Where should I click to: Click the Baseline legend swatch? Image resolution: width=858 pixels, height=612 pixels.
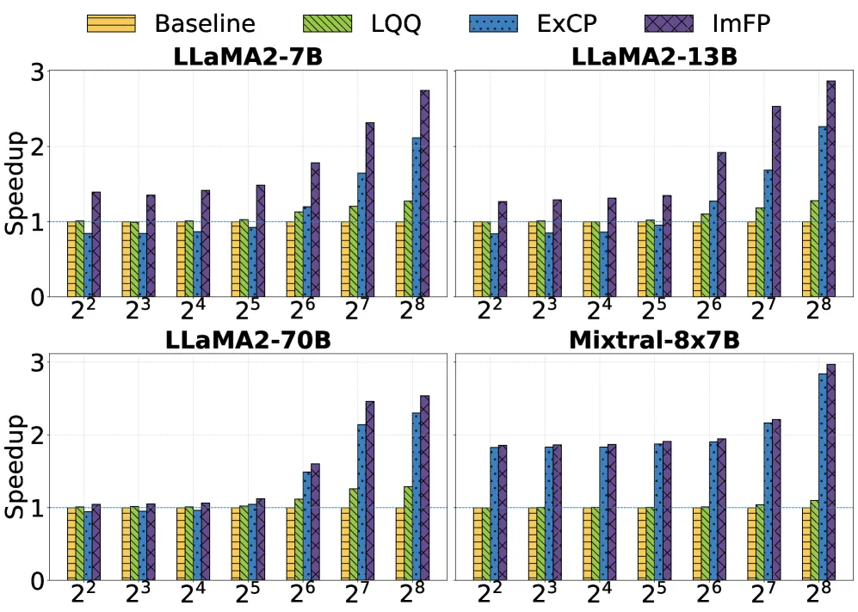click(111, 23)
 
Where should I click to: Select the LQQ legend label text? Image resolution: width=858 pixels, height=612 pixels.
click(396, 23)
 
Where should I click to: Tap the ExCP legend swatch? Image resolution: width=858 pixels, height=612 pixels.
click(493, 23)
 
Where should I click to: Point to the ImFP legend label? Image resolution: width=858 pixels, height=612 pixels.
click(741, 23)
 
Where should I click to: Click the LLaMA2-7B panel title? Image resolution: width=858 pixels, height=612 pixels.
click(248, 57)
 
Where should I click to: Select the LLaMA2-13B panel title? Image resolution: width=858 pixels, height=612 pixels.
click(654, 57)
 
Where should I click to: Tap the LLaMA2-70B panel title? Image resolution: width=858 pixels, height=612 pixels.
click(248, 340)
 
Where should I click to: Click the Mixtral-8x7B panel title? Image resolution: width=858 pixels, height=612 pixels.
click(654, 340)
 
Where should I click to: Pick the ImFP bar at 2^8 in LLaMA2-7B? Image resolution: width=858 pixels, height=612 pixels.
click(424, 194)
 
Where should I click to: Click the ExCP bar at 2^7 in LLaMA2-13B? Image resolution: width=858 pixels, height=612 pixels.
click(768, 233)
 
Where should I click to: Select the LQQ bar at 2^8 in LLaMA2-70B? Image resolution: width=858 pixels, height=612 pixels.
click(408, 534)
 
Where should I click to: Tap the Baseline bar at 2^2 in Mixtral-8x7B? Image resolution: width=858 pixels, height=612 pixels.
click(478, 544)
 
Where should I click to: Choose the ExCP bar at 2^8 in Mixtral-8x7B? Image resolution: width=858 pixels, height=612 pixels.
click(823, 478)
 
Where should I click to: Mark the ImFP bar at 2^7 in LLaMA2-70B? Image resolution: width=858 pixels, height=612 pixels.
click(370, 491)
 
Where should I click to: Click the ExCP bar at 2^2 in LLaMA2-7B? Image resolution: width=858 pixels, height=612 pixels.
click(88, 265)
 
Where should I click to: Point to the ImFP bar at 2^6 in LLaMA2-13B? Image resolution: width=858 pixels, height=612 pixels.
click(722, 225)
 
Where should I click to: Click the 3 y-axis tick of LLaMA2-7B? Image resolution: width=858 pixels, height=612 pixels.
click(37, 72)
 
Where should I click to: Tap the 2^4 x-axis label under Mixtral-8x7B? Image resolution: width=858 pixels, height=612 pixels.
click(599, 593)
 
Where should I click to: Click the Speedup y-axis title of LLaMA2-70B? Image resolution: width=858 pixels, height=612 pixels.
click(15, 466)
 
